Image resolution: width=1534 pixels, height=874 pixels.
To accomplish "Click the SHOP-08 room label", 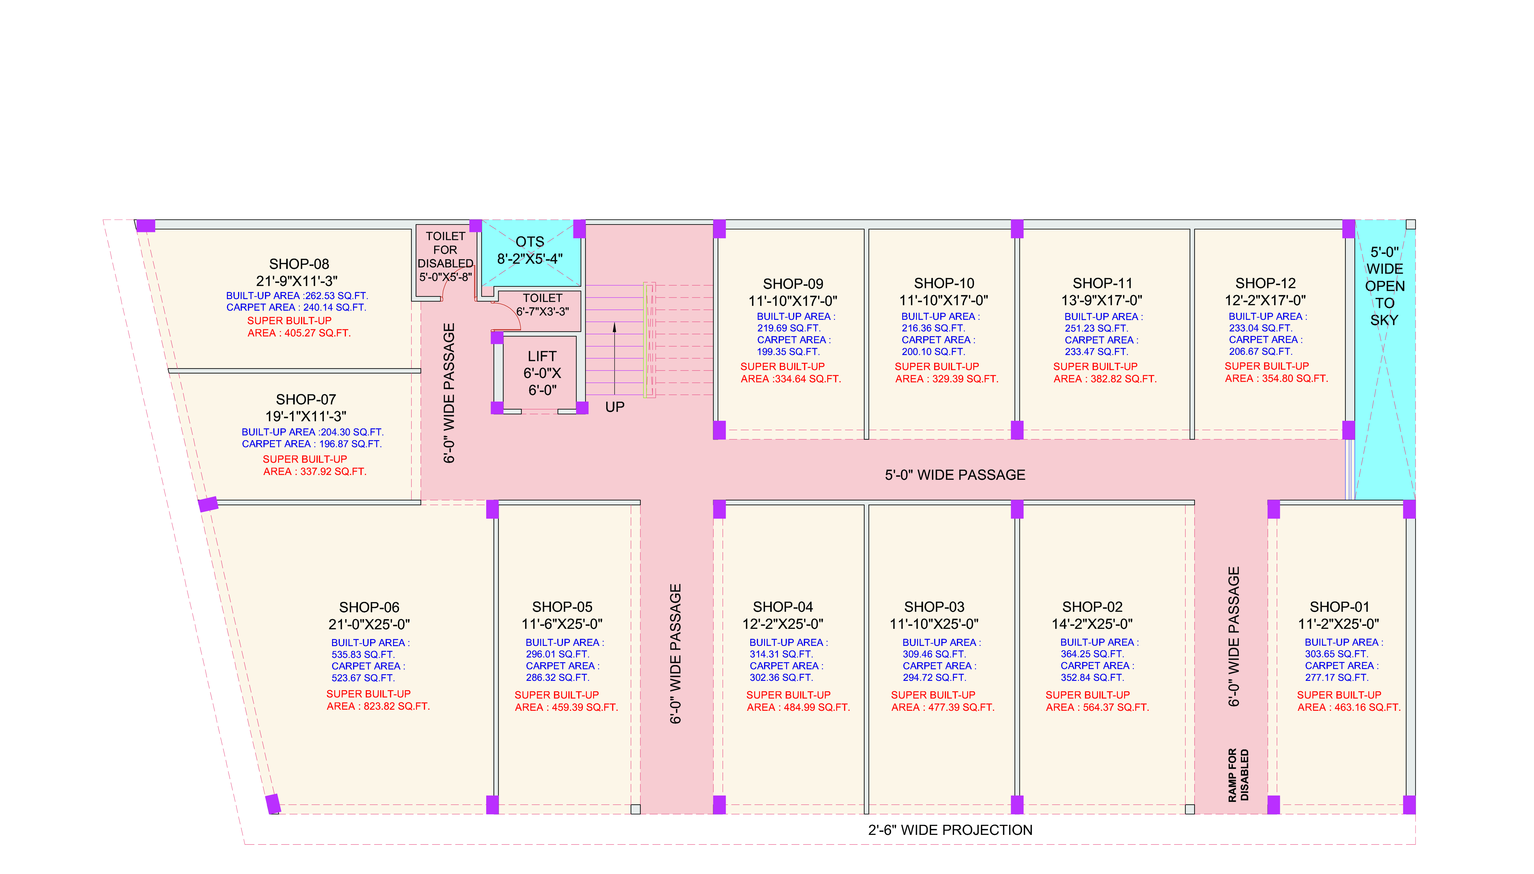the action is click(x=299, y=264).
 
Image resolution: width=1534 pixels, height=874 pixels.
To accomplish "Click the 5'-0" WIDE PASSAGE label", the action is click(x=955, y=475).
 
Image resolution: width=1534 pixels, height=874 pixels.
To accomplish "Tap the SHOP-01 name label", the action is click(x=1339, y=607).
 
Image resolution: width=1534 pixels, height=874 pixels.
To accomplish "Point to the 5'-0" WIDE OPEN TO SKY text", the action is click(x=1384, y=286).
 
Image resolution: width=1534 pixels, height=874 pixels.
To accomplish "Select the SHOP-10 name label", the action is click(x=944, y=283).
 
